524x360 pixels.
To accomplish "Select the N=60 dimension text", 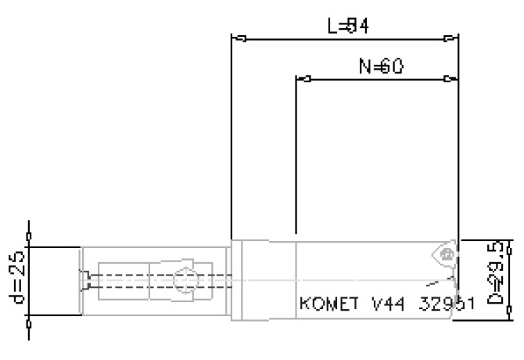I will [x=381, y=67].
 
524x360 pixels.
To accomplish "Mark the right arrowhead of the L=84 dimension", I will [x=450, y=38].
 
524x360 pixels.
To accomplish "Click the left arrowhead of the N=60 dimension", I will [x=305, y=79].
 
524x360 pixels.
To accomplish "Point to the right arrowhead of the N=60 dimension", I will [x=450, y=79].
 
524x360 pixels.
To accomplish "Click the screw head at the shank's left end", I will [x=86, y=279].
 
